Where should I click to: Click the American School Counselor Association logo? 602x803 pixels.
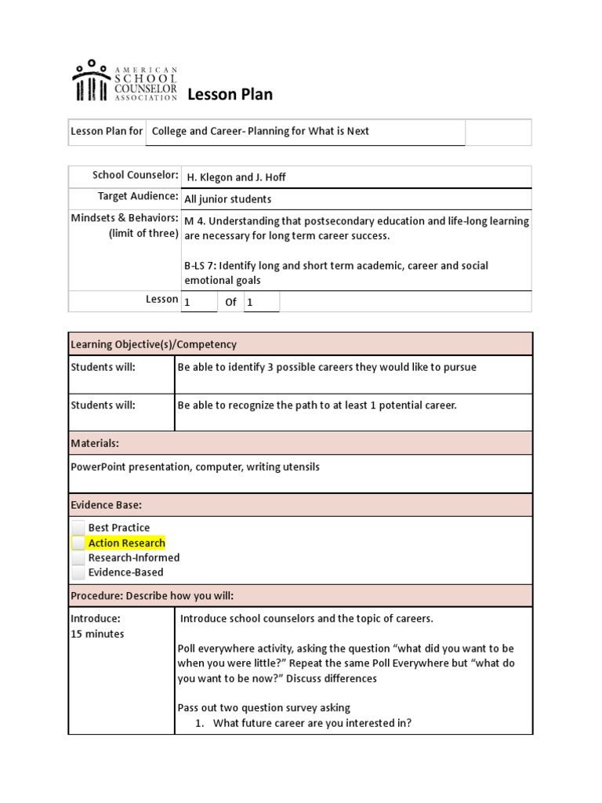tap(124, 81)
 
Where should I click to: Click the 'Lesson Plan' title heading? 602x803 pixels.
tap(230, 95)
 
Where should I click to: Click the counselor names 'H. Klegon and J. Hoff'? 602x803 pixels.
tap(237, 177)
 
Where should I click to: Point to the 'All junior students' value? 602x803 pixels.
tap(227, 199)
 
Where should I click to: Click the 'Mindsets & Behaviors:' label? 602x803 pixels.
tap(125, 218)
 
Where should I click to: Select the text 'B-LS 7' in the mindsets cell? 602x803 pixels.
tap(200, 266)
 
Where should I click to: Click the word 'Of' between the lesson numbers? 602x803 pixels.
tap(230, 302)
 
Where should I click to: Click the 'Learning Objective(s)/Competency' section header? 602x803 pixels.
tap(154, 344)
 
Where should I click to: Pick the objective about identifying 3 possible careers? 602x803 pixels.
tap(327, 367)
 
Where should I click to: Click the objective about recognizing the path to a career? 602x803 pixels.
tap(317, 405)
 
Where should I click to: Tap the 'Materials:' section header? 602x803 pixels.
tap(95, 443)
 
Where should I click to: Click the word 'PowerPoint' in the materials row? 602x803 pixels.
tap(97, 467)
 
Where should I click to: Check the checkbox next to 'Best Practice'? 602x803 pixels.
tap(78, 528)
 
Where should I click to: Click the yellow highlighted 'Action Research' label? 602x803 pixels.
tap(126, 543)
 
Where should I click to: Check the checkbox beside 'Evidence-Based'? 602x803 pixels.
tap(78, 572)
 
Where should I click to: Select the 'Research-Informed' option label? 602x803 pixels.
tap(133, 558)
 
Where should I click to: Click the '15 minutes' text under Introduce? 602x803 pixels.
tap(97, 634)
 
